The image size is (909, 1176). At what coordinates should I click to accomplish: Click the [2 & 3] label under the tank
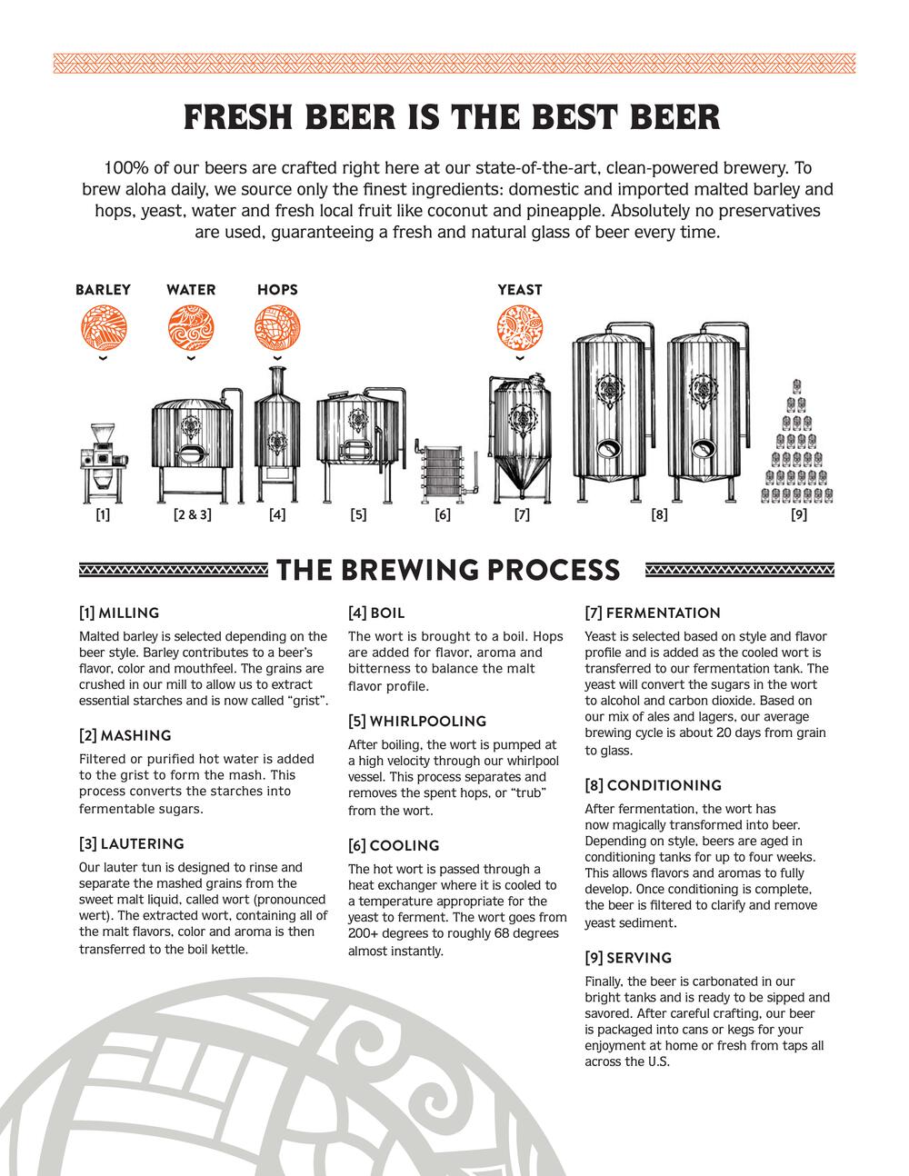coord(192,515)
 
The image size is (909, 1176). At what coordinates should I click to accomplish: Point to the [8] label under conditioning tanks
coord(659,515)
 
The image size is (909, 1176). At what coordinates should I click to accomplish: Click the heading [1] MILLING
coord(119,613)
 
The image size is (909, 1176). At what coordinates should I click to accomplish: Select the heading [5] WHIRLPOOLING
coord(417,722)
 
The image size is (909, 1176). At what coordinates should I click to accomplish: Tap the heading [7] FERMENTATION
coord(653,613)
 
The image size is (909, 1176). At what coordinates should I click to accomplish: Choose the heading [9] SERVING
coord(628,958)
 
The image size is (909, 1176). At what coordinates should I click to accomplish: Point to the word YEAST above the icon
coord(520,290)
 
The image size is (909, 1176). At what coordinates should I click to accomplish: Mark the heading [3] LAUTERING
coord(132,844)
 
